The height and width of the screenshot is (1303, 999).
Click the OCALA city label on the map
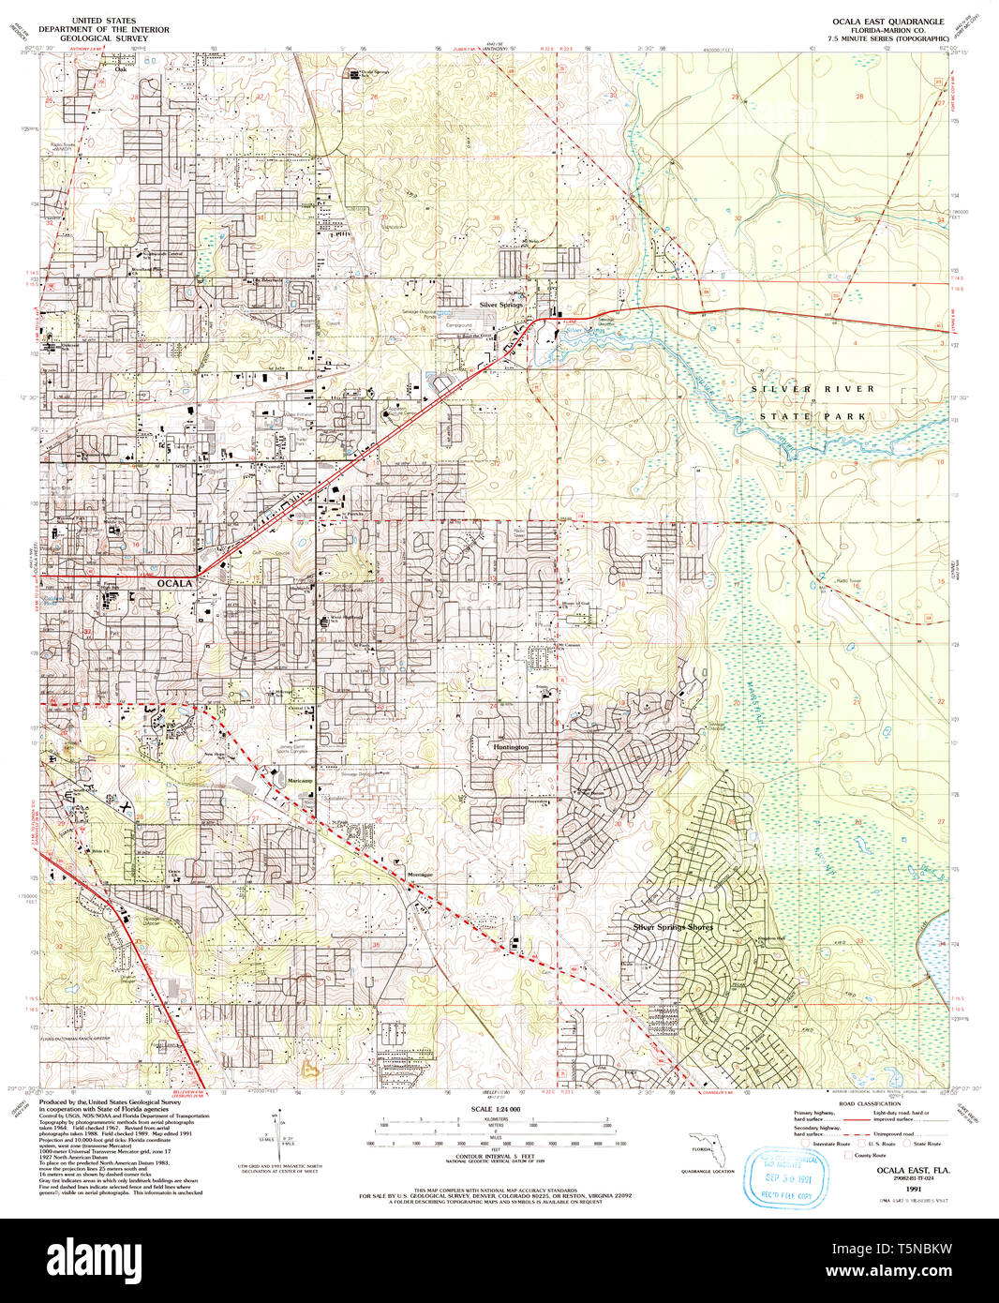pyautogui.click(x=174, y=583)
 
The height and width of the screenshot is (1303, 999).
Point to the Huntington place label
pyautogui.click(x=511, y=747)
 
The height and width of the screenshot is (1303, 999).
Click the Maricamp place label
pyautogui.click(x=300, y=781)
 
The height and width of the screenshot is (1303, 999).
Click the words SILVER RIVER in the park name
pyautogui.click(x=813, y=388)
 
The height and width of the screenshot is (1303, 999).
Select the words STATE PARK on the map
pyautogui.click(x=813, y=415)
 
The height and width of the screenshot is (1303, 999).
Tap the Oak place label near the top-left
pyautogui.click(x=120, y=69)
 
